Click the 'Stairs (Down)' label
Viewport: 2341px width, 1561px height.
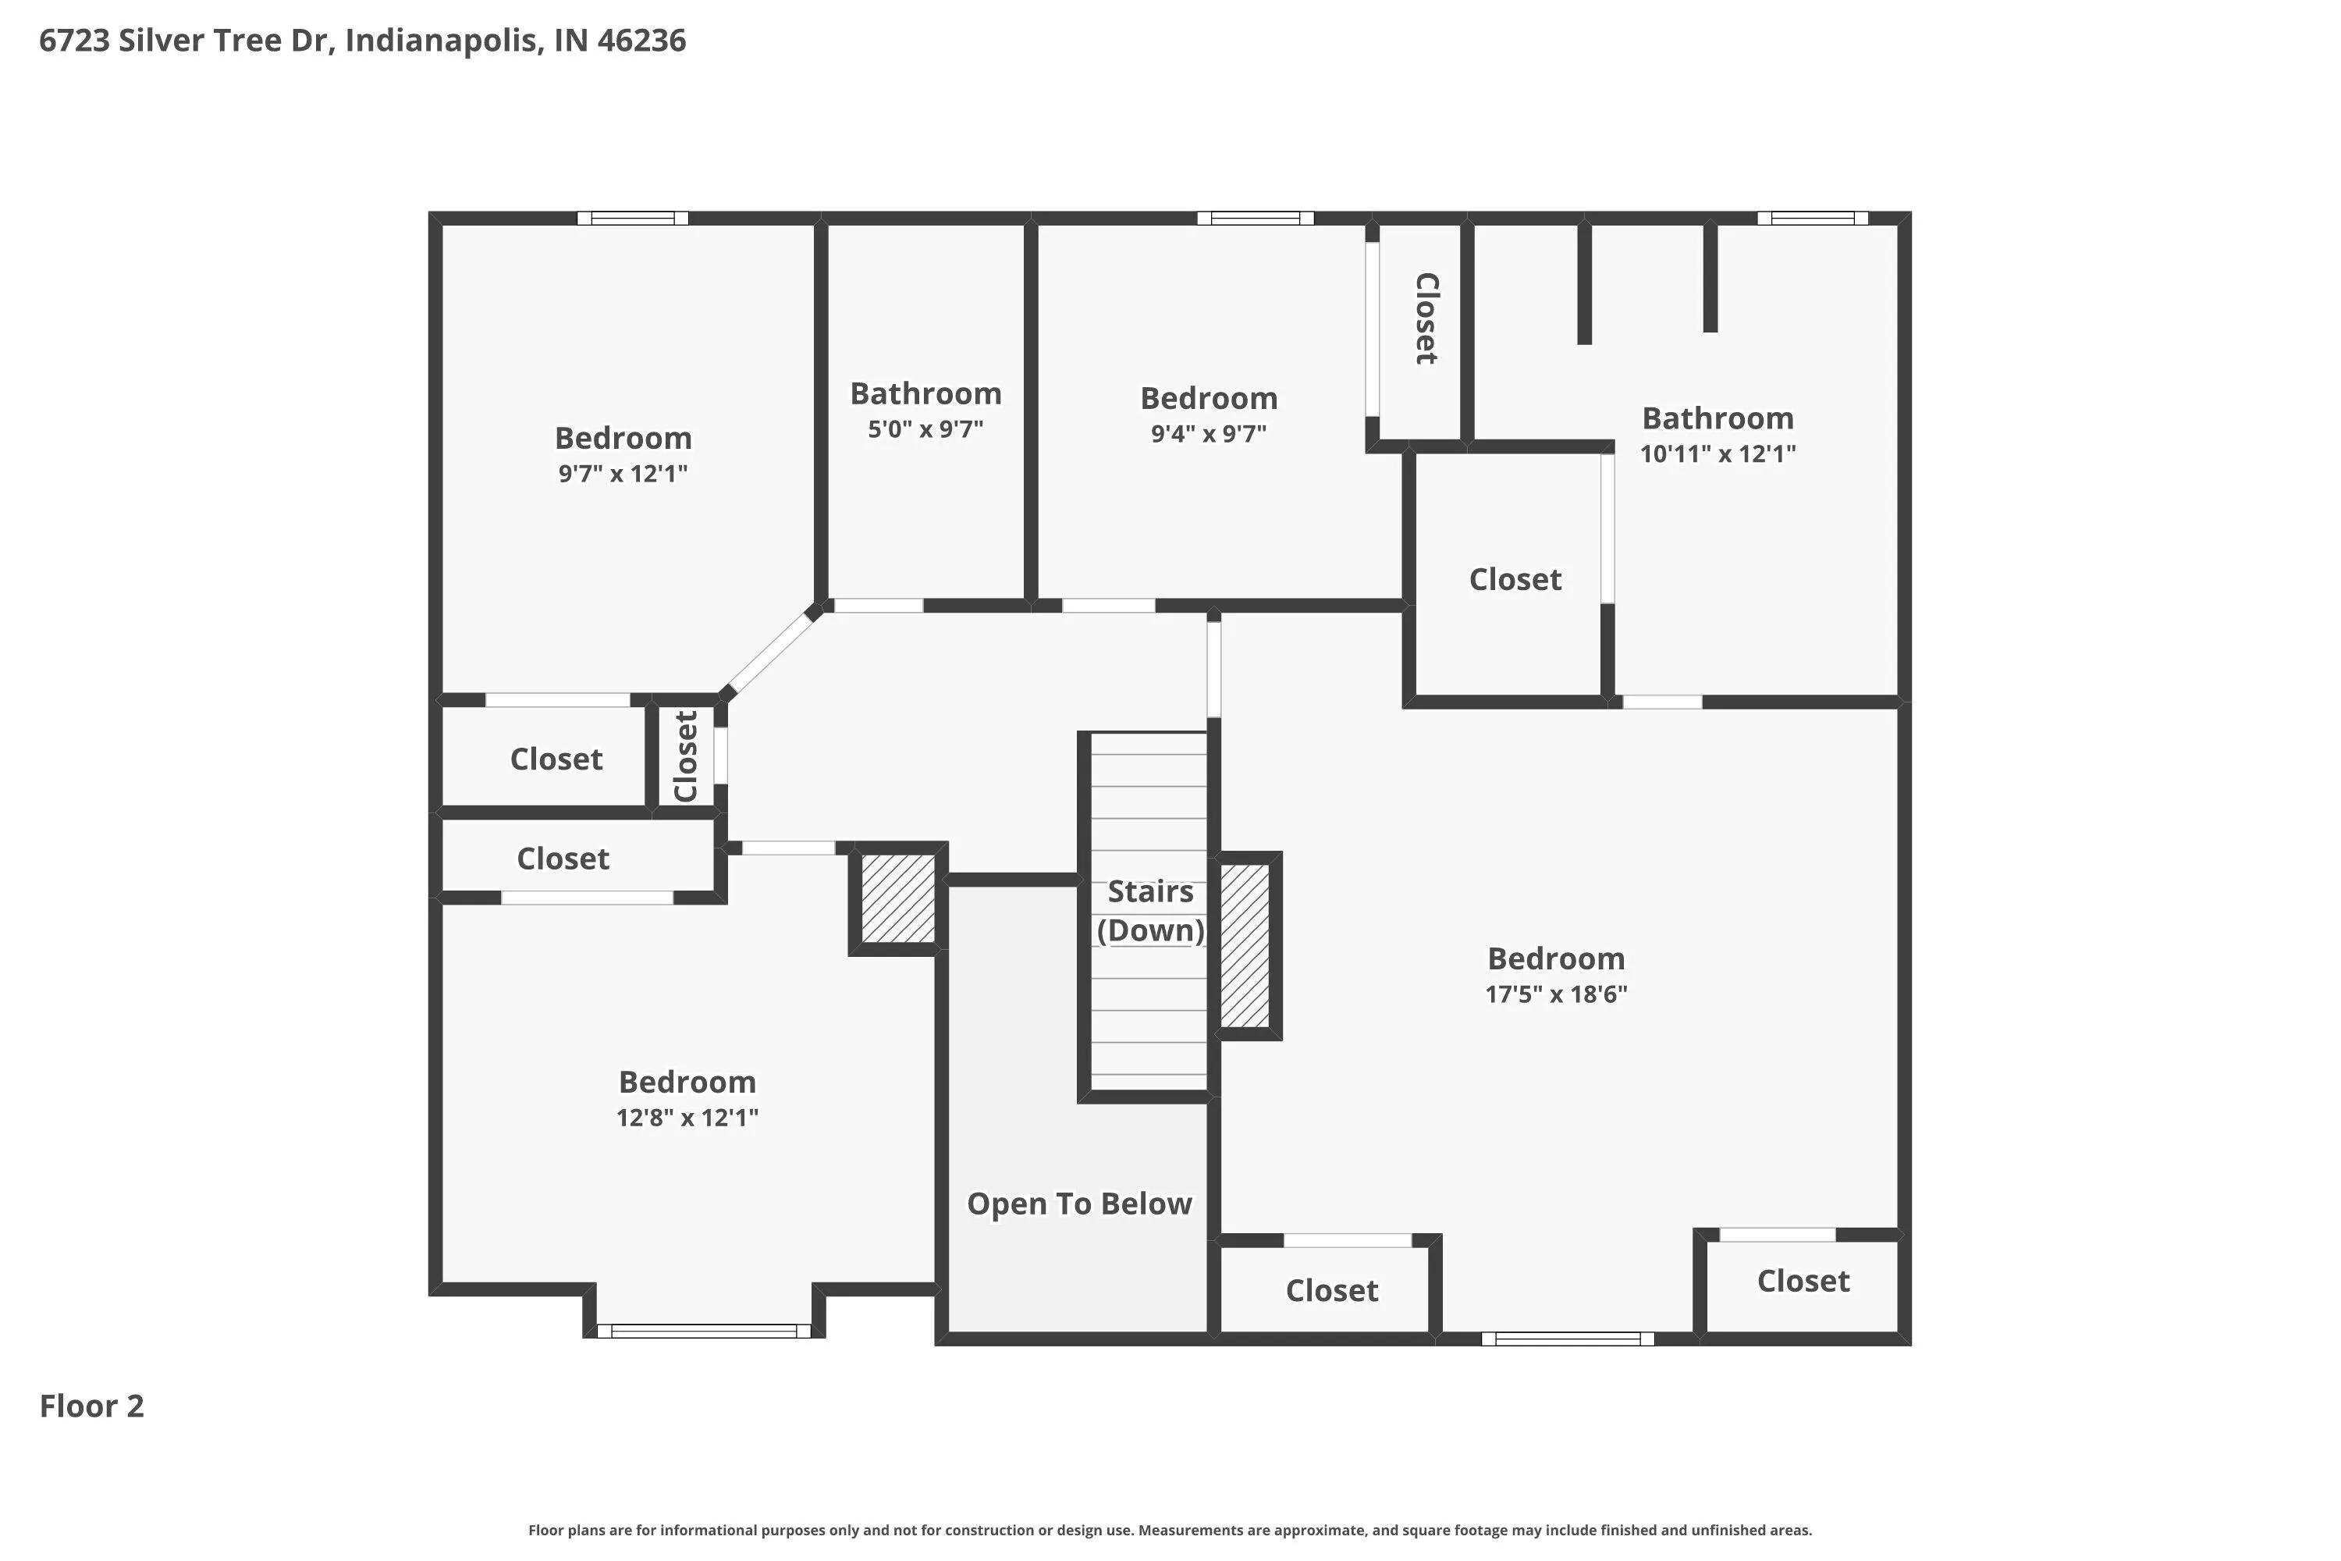click(1150, 911)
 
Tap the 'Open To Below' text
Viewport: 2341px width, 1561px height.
click(1079, 1204)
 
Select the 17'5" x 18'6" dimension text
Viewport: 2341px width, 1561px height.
click(1556, 994)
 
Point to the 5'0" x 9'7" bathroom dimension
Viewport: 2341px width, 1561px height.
click(925, 429)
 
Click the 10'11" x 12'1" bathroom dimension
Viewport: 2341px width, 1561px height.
click(1718, 454)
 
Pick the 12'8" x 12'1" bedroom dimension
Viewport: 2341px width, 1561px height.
click(687, 1118)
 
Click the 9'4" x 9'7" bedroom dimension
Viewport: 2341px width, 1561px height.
click(1208, 434)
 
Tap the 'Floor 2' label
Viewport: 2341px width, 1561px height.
click(91, 1406)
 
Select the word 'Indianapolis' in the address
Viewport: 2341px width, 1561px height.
click(444, 41)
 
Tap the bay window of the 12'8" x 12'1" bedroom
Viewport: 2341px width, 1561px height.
click(704, 1331)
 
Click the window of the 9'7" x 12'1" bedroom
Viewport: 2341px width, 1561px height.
click(633, 218)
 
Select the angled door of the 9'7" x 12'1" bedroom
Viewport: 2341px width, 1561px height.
click(772, 654)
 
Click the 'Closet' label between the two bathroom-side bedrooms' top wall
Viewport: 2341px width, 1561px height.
click(1426, 318)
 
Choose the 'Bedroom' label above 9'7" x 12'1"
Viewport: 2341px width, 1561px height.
click(623, 438)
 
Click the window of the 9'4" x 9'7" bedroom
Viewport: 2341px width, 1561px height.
click(1255, 218)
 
